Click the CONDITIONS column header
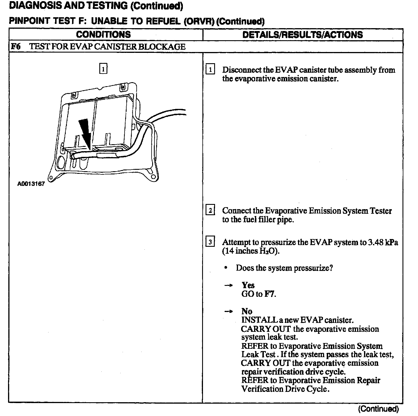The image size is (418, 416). point(103,35)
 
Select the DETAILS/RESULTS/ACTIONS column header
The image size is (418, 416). point(303,35)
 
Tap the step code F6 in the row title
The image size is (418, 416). point(16,47)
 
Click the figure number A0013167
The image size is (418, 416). point(31,184)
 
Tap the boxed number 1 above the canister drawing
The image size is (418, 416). point(103,69)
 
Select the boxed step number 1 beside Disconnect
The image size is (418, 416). point(210,70)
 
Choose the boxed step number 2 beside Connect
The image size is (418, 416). point(210,211)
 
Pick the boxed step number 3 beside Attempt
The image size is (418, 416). point(210,242)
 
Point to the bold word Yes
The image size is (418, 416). point(248,285)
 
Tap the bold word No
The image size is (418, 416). point(247,311)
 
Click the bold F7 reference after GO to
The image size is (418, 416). point(269,294)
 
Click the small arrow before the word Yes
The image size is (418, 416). point(228,286)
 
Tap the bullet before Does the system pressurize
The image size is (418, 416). point(226,268)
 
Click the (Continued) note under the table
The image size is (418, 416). point(379,409)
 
